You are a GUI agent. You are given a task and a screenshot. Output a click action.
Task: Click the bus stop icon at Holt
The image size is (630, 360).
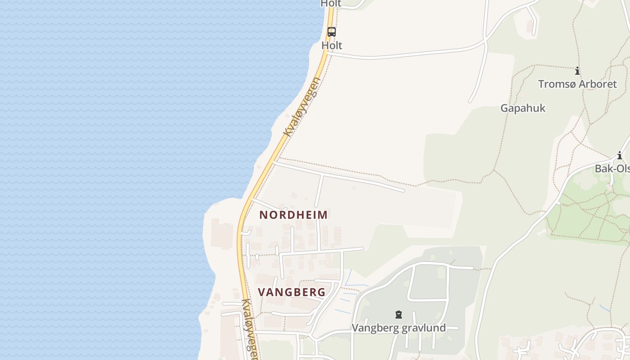click(x=332, y=32)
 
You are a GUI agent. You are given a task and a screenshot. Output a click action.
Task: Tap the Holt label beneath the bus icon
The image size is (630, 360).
click(x=332, y=45)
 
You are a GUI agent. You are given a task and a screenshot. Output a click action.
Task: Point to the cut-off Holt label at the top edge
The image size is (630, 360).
click(x=331, y=4)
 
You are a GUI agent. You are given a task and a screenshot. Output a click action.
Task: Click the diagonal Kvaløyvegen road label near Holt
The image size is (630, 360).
click(x=302, y=107)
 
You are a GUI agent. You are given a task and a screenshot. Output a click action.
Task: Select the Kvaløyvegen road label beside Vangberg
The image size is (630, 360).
click(x=250, y=328)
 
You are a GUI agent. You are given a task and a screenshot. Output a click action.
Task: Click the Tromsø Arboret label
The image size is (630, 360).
click(x=577, y=84)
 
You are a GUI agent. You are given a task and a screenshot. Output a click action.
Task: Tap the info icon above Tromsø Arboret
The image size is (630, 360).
click(x=577, y=71)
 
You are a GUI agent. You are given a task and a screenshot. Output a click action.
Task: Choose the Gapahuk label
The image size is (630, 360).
click(x=523, y=108)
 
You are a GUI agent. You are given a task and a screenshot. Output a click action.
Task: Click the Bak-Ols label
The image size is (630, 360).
click(x=612, y=169)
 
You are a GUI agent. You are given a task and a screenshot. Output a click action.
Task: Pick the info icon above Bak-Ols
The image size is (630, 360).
click(x=620, y=156)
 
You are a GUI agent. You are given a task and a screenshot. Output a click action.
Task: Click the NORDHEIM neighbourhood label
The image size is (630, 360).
click(x=293, y=215)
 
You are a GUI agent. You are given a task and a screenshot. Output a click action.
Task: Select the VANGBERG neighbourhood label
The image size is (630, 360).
click(x=292, y=292)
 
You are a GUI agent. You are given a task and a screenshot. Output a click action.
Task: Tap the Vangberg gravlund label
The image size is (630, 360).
click(x=399, y=328)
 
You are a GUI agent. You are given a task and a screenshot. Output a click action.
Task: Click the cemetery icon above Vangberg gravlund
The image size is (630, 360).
click(x=398, y=314)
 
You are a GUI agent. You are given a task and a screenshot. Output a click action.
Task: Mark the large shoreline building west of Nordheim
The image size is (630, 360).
click(x=222, y=233)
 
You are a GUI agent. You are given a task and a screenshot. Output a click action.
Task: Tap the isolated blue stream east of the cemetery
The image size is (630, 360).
click(x=605, y=308)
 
